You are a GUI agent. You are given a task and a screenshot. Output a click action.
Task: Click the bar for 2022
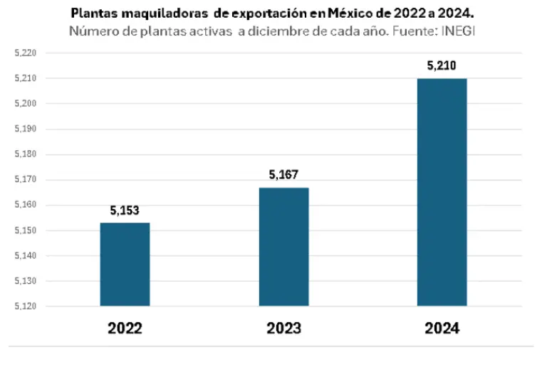pyautogui.click(x=125, y=264)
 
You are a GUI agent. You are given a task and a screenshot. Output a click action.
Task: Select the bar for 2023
pyautogui.click(x=283, y=247)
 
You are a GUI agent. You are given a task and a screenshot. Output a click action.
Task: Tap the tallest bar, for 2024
pyautogui.click(x=442, y=192)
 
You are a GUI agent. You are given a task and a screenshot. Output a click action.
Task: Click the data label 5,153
pyautogui.click(x=125, y=211)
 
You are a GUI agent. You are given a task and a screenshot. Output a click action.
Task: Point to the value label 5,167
pyautogui.click(x=283, y=175)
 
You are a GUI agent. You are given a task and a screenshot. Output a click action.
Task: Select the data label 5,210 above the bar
pyautogui.click(x=442, y=66)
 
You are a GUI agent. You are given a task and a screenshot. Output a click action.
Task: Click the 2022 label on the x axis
pyautogui.click(x=125, y=329)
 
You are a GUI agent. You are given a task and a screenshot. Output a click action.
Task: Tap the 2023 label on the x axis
pyautogui.click(x=283, y=329)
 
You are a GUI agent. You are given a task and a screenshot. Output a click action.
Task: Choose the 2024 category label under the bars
pyautogui.click(x=442, y=329)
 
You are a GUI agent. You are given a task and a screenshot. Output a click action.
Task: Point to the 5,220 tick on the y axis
pyautogui.click(x=25, y=53)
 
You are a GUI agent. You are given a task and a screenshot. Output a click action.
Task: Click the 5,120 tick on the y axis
pyautogui.click(x=25, y=307)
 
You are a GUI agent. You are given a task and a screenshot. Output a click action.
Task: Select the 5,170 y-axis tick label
pyautogui.click(x=25, y=180)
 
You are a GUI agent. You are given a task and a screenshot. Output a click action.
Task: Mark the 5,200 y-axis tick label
pyautogui.click(x=25, y=104)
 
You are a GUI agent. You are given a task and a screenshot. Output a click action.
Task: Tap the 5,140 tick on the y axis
pyautogui.click(x=25, y=256)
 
